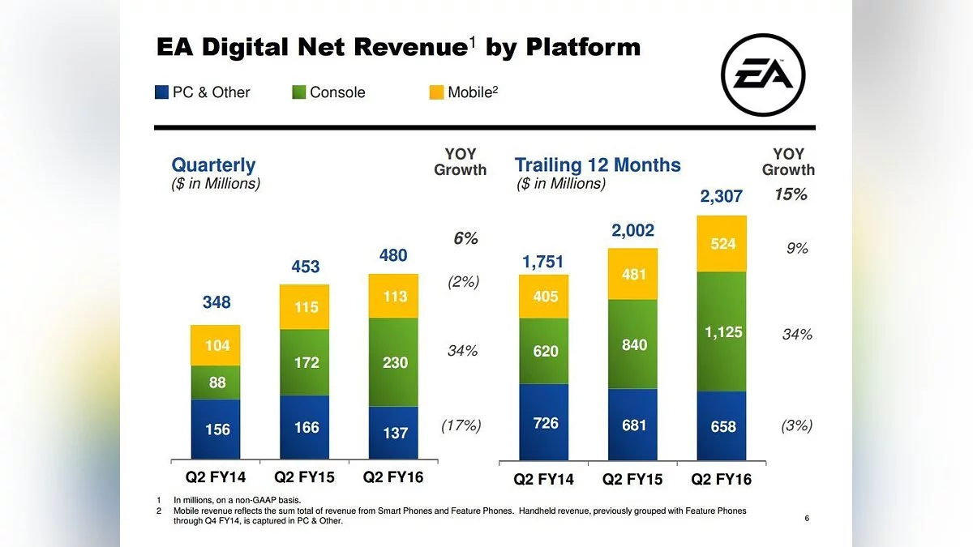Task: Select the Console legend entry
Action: pos(328,92)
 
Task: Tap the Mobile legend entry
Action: pos(463,92)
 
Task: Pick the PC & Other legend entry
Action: pos(203,92)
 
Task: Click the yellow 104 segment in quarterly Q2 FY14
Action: pos(216,345)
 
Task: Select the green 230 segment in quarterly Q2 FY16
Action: pos(394,362)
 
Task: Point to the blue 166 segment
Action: pos(305,426)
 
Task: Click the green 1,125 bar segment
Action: pos(722,331)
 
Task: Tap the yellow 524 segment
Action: pos(722,243)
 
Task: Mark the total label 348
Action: pos(216,302)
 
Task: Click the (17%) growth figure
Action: pos(461,425)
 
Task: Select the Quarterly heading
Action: pos(213,165)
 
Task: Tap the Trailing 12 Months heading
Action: pos(598,165)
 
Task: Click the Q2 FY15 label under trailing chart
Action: pos(632,479)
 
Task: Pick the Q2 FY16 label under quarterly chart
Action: pos(393,476)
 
